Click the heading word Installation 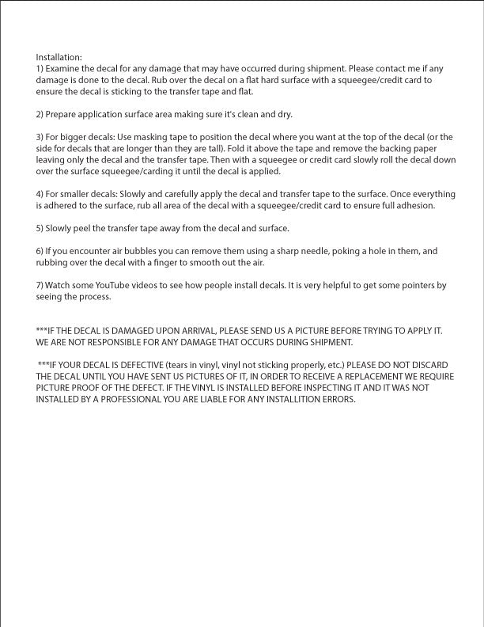click(59, 57)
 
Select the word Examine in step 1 click(65, 69)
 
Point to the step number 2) click(40, 115)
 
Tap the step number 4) click(40, 195)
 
